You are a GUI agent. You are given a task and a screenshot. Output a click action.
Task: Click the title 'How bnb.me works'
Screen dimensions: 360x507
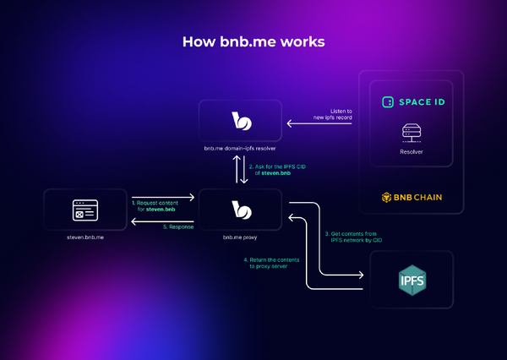(x=253, y=41)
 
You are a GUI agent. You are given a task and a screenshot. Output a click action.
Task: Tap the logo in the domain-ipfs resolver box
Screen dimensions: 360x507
(x=242, y=121)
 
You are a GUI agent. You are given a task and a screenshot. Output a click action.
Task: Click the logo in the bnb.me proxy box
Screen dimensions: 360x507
(x=242, y=209)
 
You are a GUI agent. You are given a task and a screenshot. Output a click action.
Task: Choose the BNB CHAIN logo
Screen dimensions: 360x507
(x=412, y=199)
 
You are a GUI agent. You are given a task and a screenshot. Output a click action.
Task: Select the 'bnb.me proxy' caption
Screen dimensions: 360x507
(x=241, y=237)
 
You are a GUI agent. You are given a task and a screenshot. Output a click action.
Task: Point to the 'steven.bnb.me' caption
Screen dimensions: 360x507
(x=83, y=237)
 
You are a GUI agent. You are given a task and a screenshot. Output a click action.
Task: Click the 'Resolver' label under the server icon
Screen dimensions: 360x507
(x=412, y=152)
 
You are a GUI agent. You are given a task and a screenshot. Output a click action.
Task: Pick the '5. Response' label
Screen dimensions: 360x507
(x=176, y=227)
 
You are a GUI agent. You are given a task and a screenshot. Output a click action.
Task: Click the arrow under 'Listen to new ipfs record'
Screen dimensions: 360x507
(x=319, y=124)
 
